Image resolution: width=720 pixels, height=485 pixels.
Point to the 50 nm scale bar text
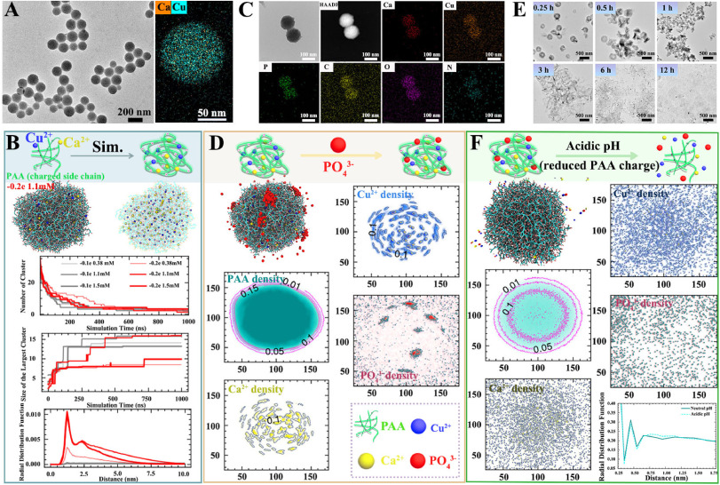click(x=209, y=114)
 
